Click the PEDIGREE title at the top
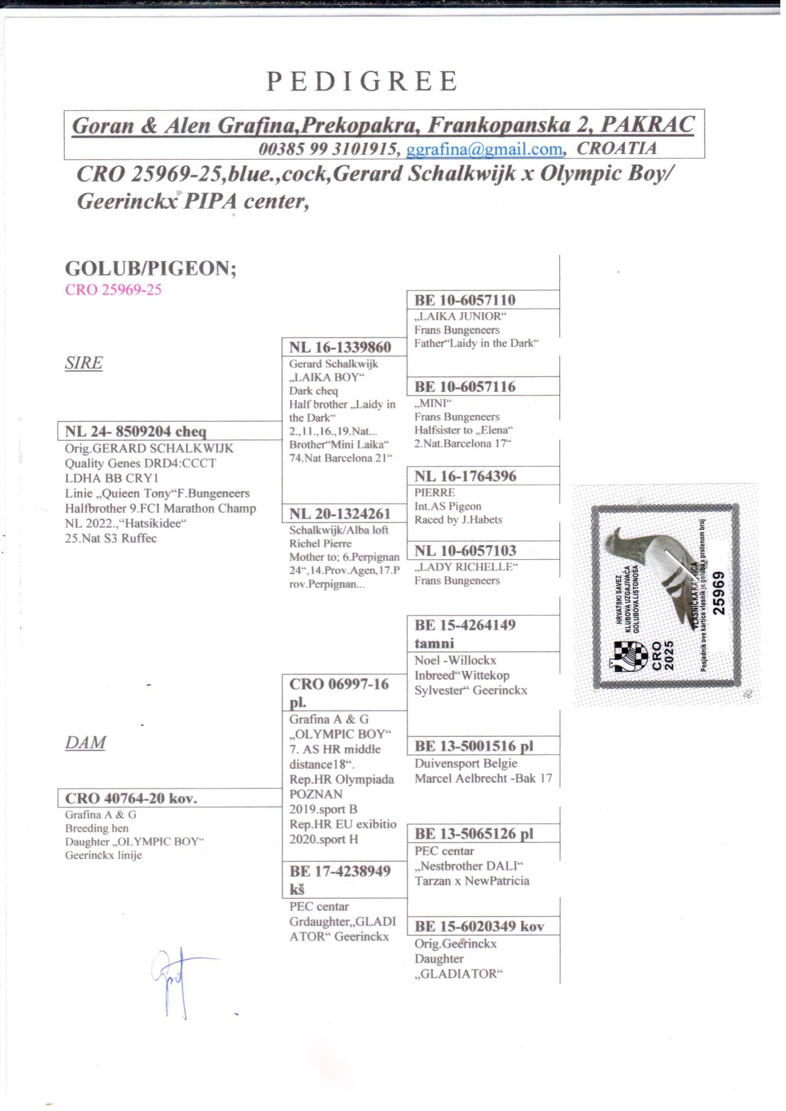[362, 81]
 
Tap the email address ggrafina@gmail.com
[485, 149]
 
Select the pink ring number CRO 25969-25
[113, 290]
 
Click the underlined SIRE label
[84, 363]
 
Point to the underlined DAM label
[85, 743]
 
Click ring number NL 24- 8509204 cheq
[135, 431]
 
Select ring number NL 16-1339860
[340, 347]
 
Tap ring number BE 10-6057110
[465, 299]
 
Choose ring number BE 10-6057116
[465, 386]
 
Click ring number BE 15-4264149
[465, 625]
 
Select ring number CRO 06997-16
[339, 684]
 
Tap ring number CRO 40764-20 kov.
[131, 798]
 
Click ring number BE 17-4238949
[340, 871]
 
